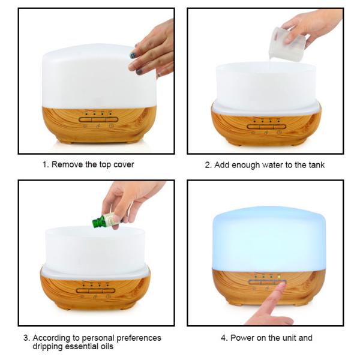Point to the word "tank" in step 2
316,165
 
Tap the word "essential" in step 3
81,346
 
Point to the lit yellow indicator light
279,277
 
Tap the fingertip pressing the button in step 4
280,286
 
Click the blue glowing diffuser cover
269,239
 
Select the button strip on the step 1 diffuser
98,119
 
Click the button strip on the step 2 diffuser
266,127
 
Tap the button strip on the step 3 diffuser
95,291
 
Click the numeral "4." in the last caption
224,338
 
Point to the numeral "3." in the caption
26,338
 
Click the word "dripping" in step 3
48,347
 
